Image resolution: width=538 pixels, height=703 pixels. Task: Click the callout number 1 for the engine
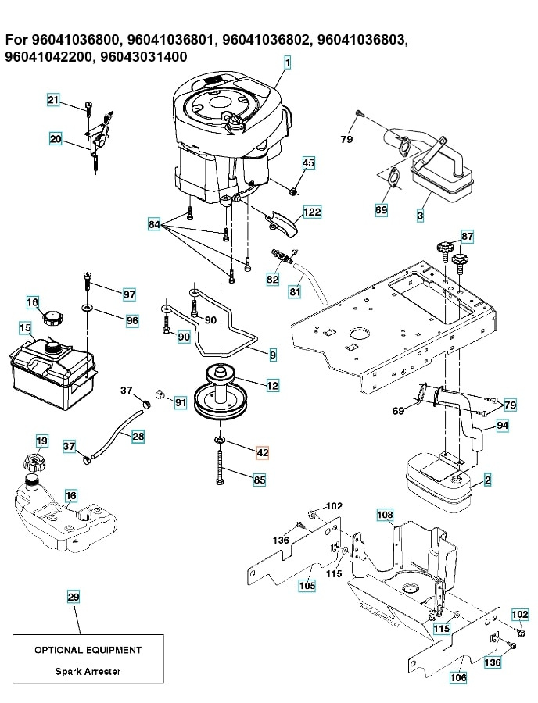click(287, 63)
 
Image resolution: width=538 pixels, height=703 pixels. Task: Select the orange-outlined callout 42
click(262, 451)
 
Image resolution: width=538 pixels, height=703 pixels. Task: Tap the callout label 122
click(312, 212)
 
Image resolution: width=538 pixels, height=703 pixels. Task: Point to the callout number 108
click(385, 515)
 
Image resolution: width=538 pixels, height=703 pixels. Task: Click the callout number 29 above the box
click(73, 598)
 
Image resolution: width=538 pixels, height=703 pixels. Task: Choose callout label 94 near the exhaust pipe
click(501, 426)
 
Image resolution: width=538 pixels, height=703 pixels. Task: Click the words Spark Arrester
click(88, 671)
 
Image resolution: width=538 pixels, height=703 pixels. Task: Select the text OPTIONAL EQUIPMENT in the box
click(88, 650)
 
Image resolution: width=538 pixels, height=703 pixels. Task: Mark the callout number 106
click(458, 678)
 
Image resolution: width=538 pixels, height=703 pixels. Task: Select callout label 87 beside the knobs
click(467, 236)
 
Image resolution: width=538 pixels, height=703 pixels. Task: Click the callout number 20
click(55, 139)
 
